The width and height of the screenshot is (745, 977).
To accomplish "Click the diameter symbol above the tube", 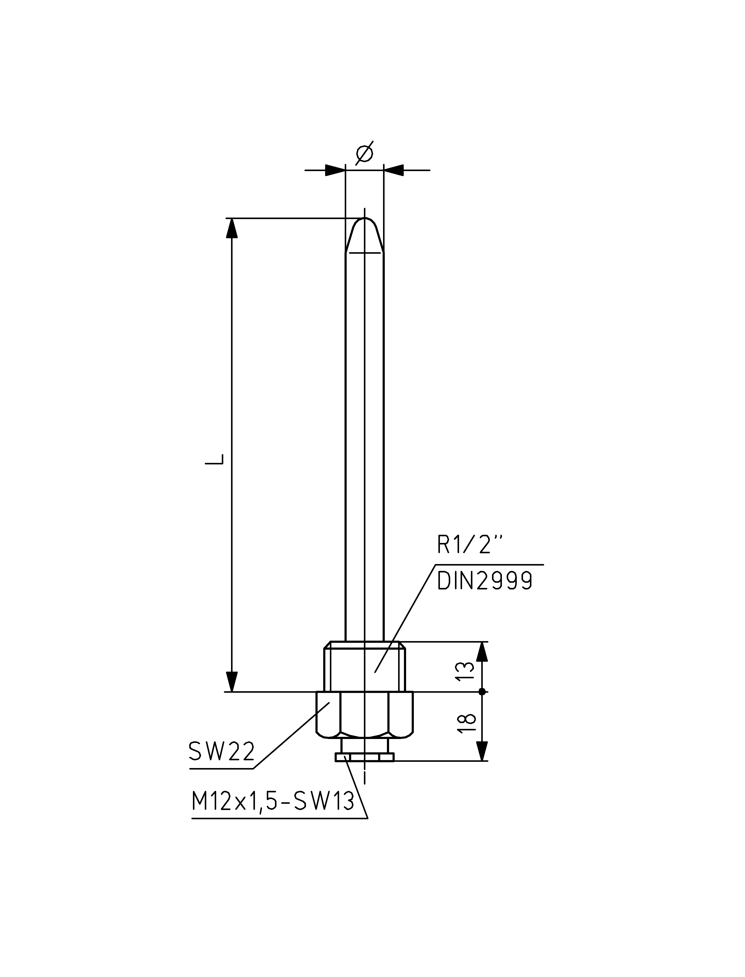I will click(x=365, y=153).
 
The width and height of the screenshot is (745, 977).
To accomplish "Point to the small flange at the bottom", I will click(x=365, y=758).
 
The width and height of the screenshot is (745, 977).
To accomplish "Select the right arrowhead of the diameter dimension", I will click(x=394, y=170).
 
